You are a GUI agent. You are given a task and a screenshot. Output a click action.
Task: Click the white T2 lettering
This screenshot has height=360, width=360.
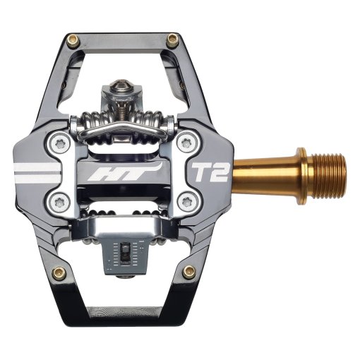point(210,172)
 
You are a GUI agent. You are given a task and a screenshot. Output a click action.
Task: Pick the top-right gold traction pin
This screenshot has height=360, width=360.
point(172,39)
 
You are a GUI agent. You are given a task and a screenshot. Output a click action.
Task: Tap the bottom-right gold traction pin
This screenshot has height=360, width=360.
point(188,272)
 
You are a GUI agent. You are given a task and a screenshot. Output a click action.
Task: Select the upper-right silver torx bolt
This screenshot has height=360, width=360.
point(186,143)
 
